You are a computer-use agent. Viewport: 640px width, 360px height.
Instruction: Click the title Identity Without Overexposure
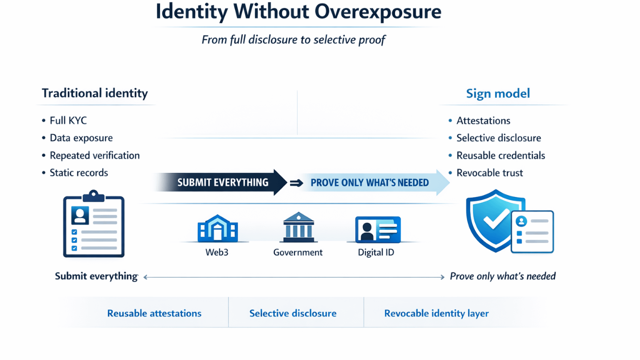coord(298,12)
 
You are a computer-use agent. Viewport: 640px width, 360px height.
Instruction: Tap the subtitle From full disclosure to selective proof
coord(293,39)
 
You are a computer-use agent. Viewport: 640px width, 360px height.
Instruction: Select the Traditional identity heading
coord(94,93)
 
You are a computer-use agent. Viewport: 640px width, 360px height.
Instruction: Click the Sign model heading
coord(497,93)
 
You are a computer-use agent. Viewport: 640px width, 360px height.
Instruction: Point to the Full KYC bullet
coord(68,120)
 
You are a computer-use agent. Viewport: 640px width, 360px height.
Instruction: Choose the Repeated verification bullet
coord(94,155)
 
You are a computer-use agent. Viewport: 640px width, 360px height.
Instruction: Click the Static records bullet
coord(78,173)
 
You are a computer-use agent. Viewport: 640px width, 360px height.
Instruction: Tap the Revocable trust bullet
coord(489,173)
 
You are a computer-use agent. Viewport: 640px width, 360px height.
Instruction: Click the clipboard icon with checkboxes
coord(93,224)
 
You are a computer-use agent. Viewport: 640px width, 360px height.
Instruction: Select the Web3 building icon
coord(217,228)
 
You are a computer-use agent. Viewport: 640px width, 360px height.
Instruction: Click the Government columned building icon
coord(298,227)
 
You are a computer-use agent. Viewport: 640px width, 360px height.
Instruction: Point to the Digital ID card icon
coord(377,230)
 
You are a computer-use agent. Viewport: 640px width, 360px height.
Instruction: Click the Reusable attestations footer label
coord(154,313)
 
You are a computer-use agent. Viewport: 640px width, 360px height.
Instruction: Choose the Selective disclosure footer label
coord(293,313)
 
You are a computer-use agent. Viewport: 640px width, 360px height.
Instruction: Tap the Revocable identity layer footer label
coord(436,313)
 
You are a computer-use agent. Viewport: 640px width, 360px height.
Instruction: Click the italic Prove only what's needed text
coord(502,276)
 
